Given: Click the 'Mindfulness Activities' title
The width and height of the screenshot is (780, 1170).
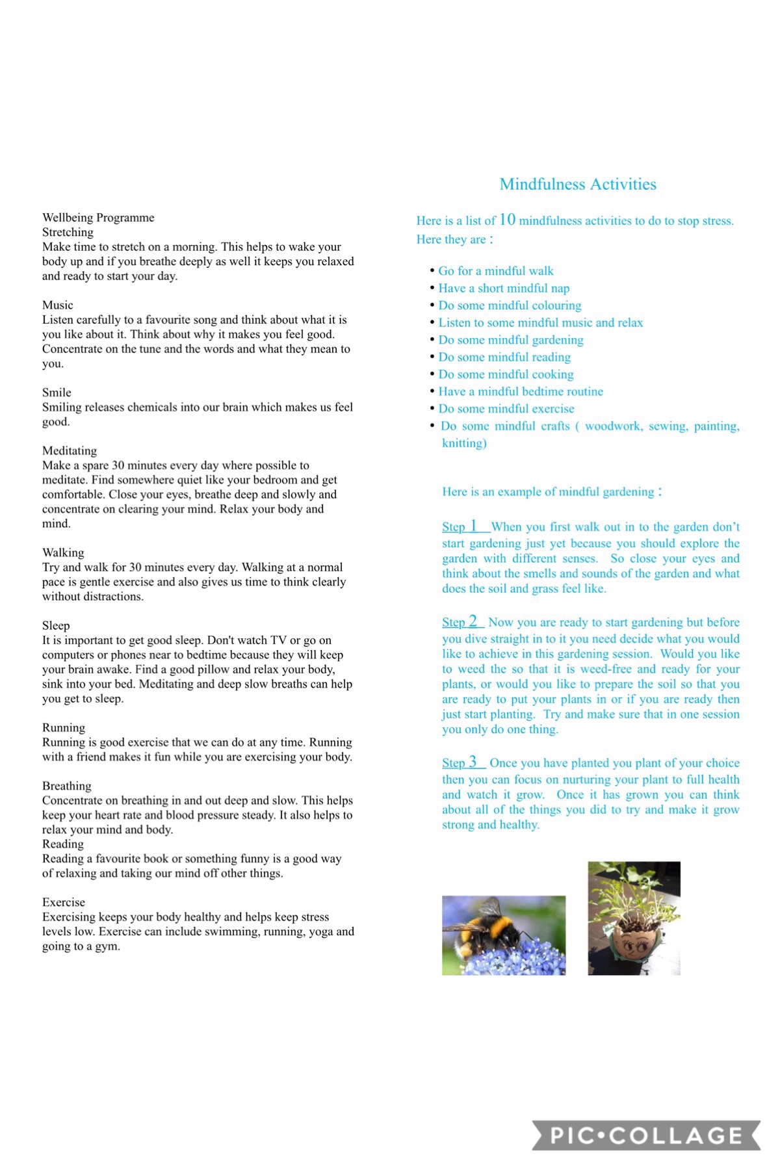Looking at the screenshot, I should pos(578,184).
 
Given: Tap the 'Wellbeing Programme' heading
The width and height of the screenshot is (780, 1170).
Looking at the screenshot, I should pos(98,217).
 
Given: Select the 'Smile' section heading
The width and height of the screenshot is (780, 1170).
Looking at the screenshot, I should pos(57,392).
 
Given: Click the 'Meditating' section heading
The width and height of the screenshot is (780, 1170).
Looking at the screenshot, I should pos(70,450).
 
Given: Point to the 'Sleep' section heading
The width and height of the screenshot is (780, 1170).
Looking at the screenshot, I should pos(56,625).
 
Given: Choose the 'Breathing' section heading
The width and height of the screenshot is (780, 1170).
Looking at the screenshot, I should pos(67,786).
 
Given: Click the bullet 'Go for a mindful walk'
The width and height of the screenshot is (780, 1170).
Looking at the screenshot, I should pos(495,270).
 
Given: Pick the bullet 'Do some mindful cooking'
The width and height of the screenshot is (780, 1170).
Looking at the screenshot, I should pos(506,374).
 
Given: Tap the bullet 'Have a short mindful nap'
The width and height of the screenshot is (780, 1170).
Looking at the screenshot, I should pos(504,288).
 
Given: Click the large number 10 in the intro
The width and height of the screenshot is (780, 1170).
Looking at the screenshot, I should pos(507,220).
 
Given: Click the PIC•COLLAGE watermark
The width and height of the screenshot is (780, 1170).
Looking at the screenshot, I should pos(646,1135).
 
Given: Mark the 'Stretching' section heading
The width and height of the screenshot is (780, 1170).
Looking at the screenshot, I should pos(68,232).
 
